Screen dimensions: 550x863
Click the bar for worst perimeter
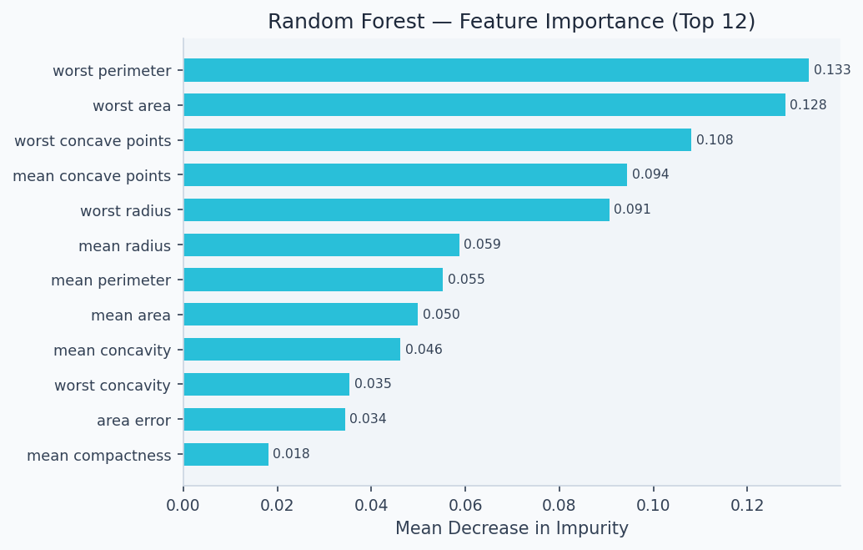(x=496, y=70)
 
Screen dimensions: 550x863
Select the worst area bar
(x=484, y=105)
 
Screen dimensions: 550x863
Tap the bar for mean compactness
(x=226, y=454)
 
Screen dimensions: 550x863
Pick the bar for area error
(x=264, y=419)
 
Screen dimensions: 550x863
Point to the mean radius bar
(x=321, y=245)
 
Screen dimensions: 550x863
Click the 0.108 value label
(x=715, y=140)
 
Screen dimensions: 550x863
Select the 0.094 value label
(x=650, y=174)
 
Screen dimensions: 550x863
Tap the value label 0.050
(x=441, y=315)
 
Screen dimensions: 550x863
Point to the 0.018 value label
(x=291, y=454)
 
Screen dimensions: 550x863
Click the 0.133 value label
(x=832, y=70)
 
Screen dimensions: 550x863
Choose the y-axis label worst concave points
(x=93, y=140)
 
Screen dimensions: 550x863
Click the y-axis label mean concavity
(x=112, y=350)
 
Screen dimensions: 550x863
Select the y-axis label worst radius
(x=125, y=210)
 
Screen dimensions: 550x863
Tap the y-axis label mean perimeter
(x=111, y=280)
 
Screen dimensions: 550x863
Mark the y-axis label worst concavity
(x=113, y=385)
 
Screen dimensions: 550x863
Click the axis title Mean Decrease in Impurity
(x=512, y=528)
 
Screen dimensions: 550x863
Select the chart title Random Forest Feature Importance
(x=511, y=22)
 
